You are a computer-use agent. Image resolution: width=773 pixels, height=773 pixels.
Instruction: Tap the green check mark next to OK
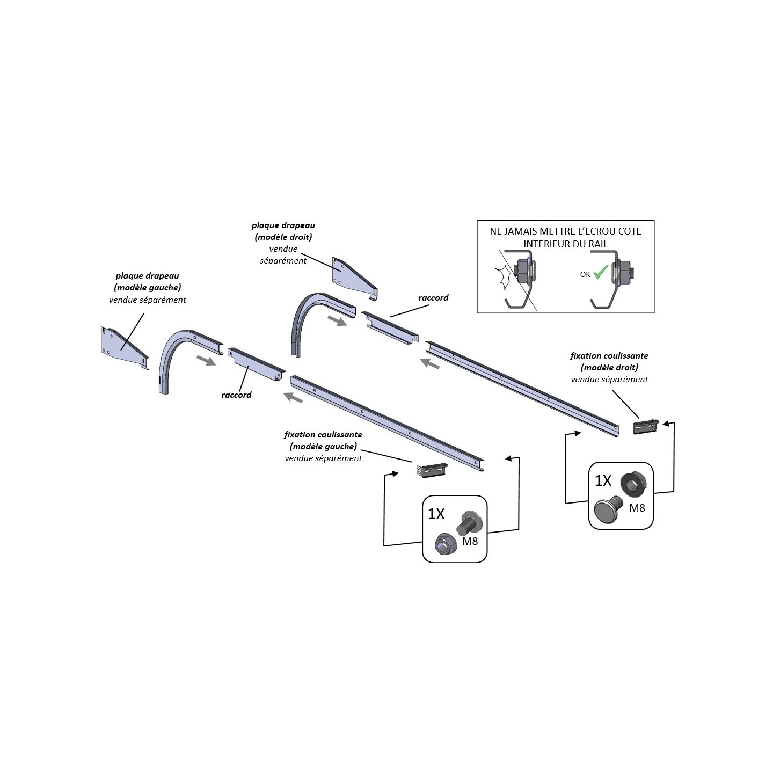click(601, 272)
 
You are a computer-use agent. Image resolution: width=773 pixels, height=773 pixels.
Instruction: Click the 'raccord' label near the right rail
click(433, 298)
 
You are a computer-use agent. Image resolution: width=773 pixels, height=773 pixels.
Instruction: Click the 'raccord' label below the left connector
click(236, 395)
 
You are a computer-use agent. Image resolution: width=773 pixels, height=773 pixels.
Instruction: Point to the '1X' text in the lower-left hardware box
click(436, 514)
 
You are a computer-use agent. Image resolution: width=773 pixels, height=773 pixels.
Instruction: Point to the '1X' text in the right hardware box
click(603, 480)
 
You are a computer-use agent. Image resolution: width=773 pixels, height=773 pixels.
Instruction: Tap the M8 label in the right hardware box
click(637, 508)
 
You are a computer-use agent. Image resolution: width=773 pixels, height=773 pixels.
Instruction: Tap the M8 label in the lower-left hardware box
click(470, 541)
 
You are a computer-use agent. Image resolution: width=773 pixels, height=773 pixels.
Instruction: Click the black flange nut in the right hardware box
click(635, 484)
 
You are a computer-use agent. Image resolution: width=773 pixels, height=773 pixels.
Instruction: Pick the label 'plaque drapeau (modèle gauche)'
click(148, 282)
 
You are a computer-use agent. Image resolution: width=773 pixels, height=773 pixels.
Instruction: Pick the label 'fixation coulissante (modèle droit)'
click(609, 361)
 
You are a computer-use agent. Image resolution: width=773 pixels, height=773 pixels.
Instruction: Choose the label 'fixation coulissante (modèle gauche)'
click(323, 440)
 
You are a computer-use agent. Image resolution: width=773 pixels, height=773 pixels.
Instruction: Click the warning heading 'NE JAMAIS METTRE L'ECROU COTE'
click(565, 231)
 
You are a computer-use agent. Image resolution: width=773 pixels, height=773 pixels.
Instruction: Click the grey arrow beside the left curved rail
click(206, 360)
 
